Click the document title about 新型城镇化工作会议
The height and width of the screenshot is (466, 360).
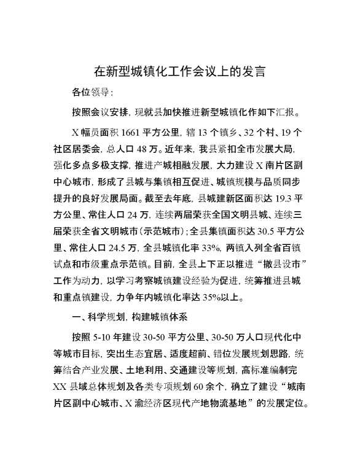pos(179,71)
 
